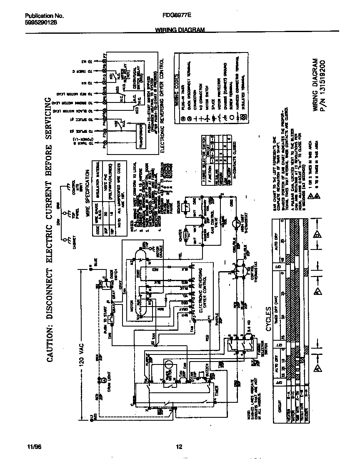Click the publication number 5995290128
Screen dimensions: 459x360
pyautogui.click(x=38, y=23)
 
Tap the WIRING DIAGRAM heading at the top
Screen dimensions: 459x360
pyautogui.click(x=180, y=30)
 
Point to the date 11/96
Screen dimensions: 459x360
pyautogui.click(x=33, y=447)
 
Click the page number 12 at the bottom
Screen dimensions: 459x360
pyautogui.click(x=180, y=447)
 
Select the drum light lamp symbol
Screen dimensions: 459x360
pyautogui.click(x=100, y=379)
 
